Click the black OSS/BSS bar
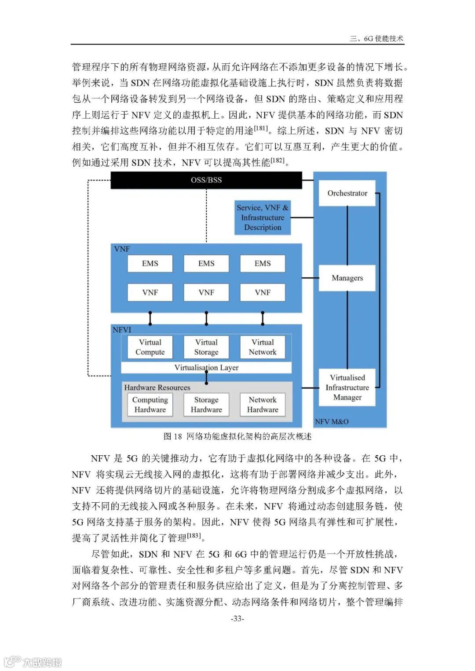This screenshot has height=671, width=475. tap(206, 180)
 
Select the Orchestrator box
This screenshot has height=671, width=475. tap(347, 193)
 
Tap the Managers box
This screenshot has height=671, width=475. tap(347, 278)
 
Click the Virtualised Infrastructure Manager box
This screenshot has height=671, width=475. tap(347, 387)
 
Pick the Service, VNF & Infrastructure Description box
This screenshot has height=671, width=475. tap(263, 218)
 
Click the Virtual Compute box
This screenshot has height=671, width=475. tap(150, 347)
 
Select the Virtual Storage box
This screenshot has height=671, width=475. tap(206, 347)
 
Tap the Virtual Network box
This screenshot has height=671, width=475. tap(263, 347)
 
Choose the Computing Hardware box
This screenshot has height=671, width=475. tap(150, 405)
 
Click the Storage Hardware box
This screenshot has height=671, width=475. tap(206, 405)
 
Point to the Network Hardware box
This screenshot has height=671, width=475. tap(263, 405)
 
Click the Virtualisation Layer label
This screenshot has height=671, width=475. tap(206, 368)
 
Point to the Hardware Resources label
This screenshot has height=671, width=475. tap(157, 388)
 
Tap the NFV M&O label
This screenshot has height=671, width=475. tap(332, 422)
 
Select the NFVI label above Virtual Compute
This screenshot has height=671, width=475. tap(122, 330)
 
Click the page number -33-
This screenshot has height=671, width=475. tap(237, 619)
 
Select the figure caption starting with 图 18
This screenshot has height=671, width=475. tap(237, 436)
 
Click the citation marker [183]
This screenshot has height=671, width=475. tap(194, 536)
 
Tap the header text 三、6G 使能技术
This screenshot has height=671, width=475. tap(376, 39)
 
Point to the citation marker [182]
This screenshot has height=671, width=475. tap(278, 160)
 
